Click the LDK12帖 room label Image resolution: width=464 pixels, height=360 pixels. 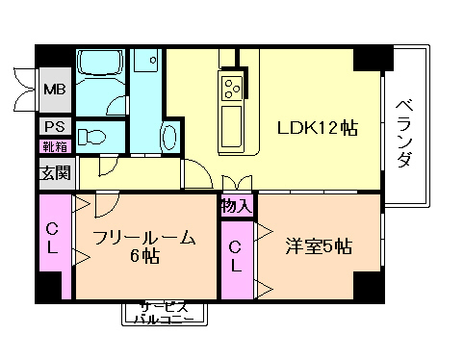318,128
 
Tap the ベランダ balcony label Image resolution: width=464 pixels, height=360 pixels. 404,132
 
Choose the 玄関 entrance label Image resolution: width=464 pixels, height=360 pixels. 54,174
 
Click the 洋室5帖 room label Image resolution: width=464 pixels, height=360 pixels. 319,245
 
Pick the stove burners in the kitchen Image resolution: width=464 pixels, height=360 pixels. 234,89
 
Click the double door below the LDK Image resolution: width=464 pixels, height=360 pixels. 236,183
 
